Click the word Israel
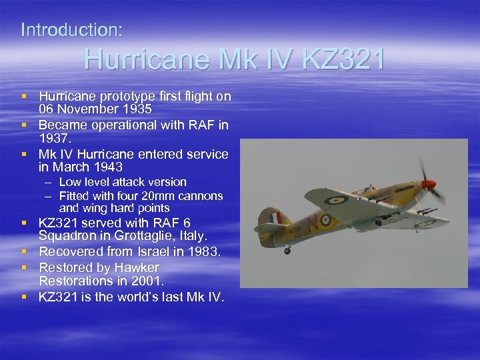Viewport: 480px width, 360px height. coord(162,251)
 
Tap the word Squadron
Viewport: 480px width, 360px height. coord(68,237)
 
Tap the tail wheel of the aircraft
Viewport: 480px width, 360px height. coord(287,251)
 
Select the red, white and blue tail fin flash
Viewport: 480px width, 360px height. coord(272,217)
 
